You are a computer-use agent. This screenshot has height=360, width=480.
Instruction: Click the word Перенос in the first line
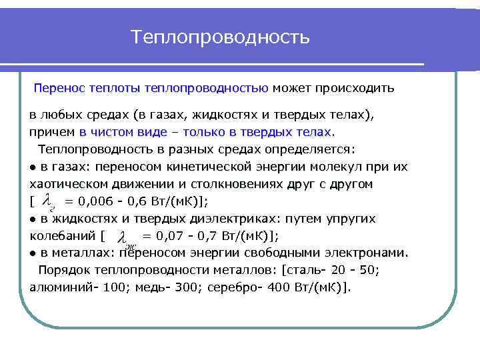(x=57, y=88)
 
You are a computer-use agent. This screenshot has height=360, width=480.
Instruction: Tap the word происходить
(x=360, y=88)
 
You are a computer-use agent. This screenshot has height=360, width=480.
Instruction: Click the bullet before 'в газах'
(x=33, y=167)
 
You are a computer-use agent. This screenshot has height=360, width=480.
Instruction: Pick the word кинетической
(x=227, y=166)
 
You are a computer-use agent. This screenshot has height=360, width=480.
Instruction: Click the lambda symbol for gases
(x=47, y=199)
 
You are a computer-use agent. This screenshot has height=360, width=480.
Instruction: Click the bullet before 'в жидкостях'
(x=33, y=219)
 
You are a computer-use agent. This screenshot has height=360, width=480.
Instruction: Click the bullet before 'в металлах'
(x=33, y=253)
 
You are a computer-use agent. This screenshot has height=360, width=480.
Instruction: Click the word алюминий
(x=57, y=287)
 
